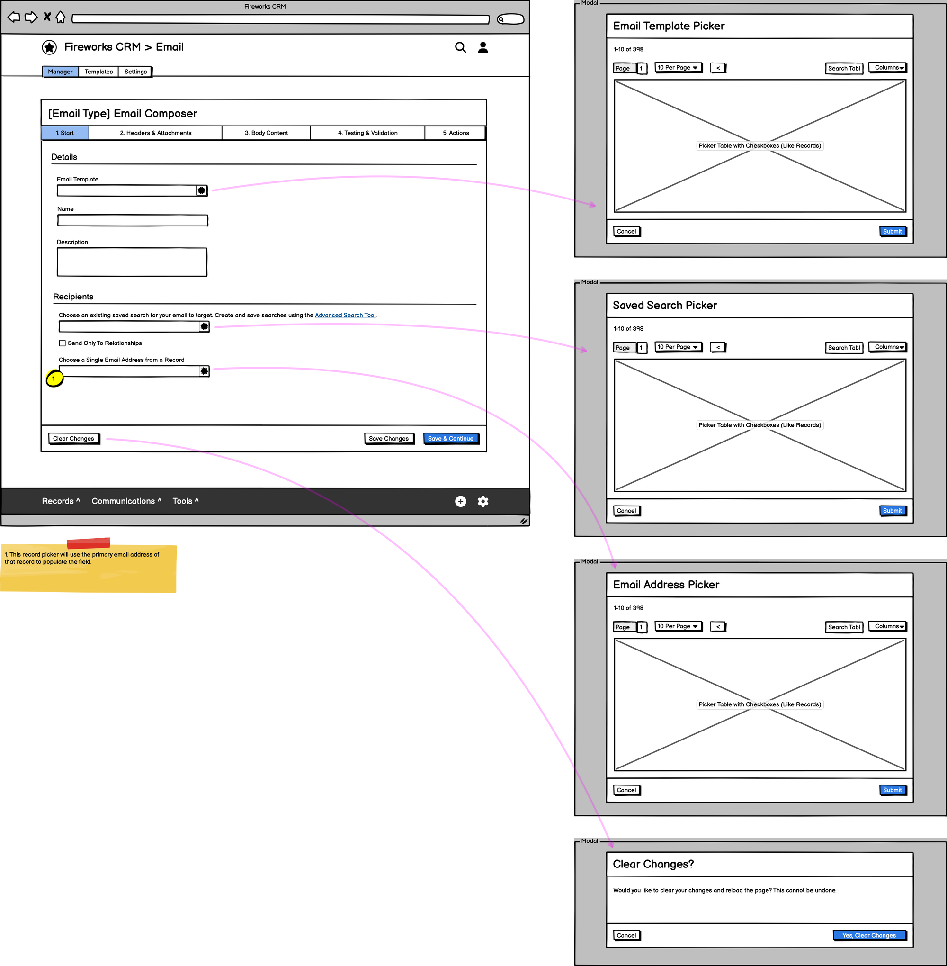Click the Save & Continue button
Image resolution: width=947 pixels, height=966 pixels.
(451, 438)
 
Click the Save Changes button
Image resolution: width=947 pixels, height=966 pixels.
(388, 438)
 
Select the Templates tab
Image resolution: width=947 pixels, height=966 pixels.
(98, 72)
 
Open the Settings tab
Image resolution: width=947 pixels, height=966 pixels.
(135, 72)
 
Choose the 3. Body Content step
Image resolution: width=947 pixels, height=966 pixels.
(266, 133)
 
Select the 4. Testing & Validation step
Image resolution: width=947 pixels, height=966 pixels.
(367, 133)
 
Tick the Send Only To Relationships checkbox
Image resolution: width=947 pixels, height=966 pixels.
(63, 343)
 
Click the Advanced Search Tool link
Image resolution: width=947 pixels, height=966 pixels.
(345, 315)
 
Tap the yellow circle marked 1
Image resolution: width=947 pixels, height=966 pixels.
(54, 379)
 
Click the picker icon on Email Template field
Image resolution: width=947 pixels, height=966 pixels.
(201, 190)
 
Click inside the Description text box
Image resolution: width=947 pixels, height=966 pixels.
(132, 262)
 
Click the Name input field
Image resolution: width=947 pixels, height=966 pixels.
(132, 220)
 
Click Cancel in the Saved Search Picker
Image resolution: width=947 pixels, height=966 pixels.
(626, 511)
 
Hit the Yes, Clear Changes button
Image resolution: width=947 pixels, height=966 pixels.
(869, 935)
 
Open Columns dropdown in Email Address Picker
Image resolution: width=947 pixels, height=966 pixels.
(888, 626)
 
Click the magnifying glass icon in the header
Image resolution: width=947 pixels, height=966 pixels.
(461, 47)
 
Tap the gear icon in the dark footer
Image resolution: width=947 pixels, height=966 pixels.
(483, 501)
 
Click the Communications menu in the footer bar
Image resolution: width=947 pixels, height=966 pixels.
(126, 501)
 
